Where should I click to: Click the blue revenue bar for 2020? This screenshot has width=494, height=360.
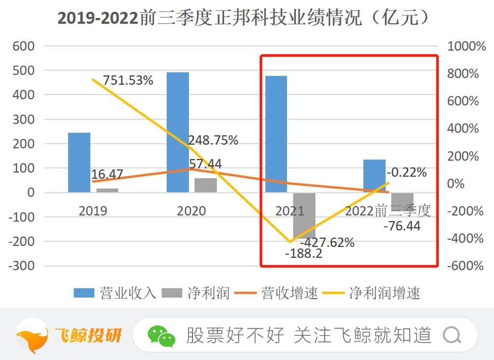(178, 132)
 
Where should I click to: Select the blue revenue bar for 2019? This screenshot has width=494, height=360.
(79, 162)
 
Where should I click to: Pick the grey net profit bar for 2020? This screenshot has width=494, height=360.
(206, 185)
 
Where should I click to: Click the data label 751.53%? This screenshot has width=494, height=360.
(127, 80)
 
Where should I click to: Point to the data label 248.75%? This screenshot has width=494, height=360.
(213, 140)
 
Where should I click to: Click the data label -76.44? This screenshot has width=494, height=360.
(401, 226)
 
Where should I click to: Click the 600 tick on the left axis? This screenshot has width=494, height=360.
(24, 46)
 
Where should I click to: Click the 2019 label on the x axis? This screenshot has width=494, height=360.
(93, 211)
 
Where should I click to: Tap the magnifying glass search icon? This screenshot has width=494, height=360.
(452, 334)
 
